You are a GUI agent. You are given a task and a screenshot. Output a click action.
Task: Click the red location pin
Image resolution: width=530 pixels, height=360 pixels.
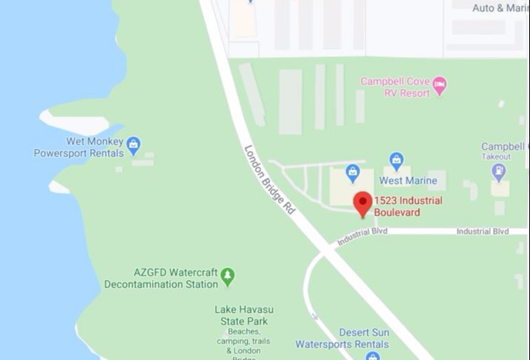(x=362, y=203)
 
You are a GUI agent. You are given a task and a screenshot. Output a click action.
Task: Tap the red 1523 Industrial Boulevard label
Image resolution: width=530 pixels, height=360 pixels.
(x=408, y=207)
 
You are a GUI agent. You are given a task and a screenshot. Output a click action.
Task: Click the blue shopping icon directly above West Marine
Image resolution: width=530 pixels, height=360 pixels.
(x=397, y=159)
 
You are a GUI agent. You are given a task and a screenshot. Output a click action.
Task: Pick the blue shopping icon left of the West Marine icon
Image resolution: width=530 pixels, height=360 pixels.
(x=353, y=172)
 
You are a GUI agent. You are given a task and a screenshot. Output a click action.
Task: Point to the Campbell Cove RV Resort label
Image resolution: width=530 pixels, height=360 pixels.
(x=395, y=87)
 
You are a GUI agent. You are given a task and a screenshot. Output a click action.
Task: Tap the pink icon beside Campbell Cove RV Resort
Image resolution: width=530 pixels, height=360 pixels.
(x=440, y=87)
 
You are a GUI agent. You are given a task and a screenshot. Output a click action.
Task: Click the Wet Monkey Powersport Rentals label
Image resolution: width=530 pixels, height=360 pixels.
(x=77, y=148)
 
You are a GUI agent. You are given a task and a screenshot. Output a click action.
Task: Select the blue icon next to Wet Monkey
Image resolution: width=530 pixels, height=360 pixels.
(x=133, y=144)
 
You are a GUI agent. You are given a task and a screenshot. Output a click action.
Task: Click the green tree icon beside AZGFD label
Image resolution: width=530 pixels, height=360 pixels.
(x=228, y=276)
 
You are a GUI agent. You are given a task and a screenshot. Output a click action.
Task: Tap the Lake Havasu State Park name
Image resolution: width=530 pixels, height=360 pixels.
(x=242, y=316)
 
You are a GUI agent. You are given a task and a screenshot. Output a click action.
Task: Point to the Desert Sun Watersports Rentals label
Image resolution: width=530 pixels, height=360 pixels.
(x=342, y=338)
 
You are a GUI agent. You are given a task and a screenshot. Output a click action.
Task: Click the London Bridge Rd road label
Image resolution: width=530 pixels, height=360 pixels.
(x=271, y=180)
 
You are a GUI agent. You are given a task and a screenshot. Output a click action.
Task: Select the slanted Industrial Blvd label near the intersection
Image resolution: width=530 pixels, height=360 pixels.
(x=363, y=236)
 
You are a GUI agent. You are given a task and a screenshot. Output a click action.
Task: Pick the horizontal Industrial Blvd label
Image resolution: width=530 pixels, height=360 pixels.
(x=483, y=231)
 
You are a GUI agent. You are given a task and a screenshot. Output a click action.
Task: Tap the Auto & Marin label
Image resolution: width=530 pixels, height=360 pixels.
(x=500, y=8)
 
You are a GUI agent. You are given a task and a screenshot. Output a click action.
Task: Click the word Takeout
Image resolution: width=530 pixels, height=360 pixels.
(x=496, y=157)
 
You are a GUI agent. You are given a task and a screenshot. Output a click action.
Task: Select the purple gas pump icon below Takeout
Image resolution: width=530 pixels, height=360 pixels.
(x=499, y=171)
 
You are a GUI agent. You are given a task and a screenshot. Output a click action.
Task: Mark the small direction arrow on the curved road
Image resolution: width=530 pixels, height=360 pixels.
(x=314, y=317)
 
